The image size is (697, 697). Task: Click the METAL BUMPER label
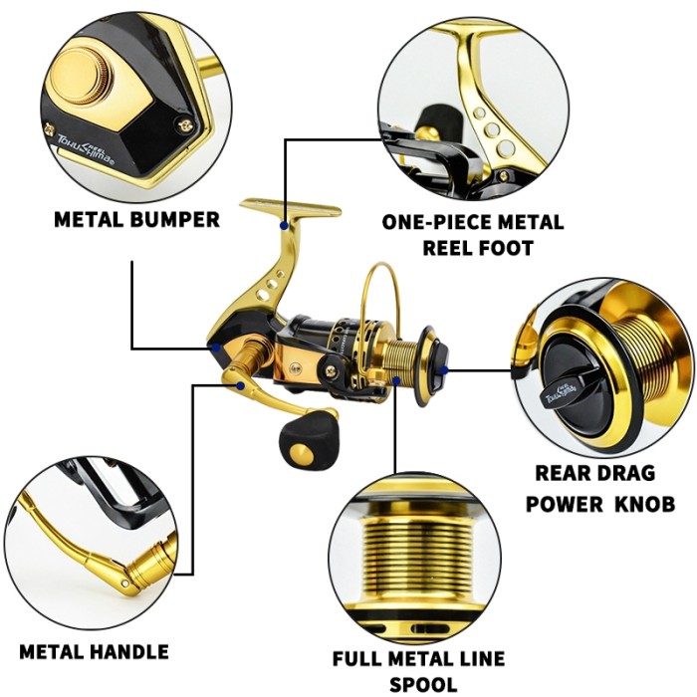(136, 219)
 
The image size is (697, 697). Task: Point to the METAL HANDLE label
(94, 652)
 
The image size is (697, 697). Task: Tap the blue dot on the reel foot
(285, 228)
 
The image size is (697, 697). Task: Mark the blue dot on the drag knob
(443, 369)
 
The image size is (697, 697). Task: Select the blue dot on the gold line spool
(395, 379)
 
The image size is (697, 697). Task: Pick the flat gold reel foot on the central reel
(289, 209)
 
